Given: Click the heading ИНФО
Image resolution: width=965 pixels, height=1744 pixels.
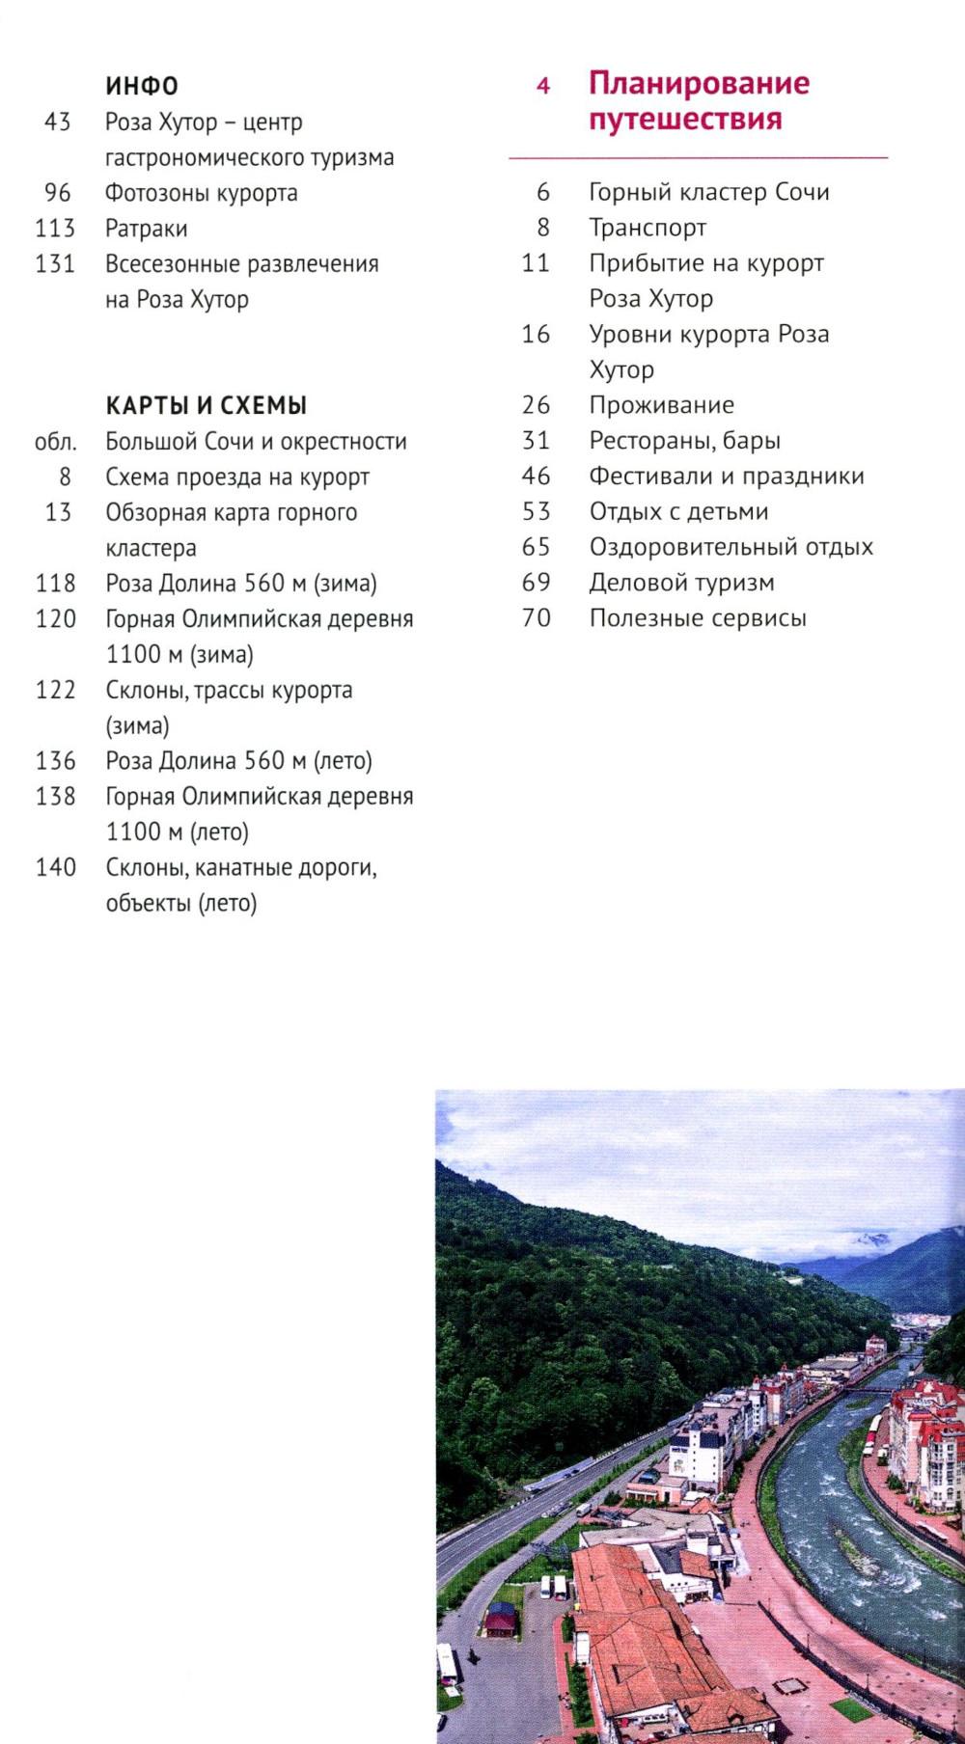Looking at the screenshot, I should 142,87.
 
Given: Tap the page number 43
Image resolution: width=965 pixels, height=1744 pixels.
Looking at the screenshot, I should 58,123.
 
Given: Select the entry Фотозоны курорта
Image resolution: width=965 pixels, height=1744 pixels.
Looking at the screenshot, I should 201,193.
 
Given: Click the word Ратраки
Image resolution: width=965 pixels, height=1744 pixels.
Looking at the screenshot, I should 147,229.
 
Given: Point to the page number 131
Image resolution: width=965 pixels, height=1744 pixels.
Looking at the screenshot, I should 55,263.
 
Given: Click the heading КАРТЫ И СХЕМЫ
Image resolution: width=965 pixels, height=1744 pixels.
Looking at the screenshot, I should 207,405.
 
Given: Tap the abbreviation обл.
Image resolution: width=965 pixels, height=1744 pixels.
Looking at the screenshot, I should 55,442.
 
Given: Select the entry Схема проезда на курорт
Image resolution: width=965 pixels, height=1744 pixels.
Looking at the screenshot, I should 237,477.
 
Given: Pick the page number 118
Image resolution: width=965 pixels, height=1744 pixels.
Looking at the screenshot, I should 55,584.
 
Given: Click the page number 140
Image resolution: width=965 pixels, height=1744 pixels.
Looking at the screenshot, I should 55,867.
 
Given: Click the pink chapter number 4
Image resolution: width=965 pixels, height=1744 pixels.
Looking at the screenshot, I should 543,87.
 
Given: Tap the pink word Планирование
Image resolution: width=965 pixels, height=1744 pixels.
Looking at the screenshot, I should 699,83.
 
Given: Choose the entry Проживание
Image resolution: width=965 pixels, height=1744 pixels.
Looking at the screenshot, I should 661,405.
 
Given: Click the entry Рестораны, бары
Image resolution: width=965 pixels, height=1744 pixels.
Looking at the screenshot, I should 684,441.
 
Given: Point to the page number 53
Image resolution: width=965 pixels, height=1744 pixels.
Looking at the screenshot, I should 536,511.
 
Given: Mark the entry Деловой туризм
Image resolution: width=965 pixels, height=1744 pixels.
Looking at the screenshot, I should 681,583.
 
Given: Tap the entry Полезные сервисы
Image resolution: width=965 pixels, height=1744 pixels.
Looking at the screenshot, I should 698,618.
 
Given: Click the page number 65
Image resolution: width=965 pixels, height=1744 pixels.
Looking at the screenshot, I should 536,547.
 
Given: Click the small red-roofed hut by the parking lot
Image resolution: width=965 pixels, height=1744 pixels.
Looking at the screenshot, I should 501,1618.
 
